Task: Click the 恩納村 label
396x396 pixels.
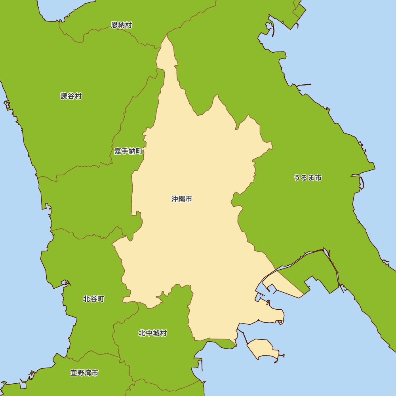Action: tap(121, 25)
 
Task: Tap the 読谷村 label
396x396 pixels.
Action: tap(71, 96)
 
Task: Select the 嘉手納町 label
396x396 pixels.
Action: tap(128, 151)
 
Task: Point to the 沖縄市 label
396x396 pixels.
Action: tap(182, 199)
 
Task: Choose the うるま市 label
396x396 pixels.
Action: tap(308, 177)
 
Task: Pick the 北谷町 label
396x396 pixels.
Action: tap(93, 299)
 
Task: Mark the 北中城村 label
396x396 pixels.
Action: tap(152, 333)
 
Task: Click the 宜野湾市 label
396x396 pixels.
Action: tap(84, 373)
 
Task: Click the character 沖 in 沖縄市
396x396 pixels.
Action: tap(175, 199)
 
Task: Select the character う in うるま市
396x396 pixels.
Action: tap(297, 177)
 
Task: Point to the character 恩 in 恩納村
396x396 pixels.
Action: tap(114, 25)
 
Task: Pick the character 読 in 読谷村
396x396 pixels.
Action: tap(64, 96)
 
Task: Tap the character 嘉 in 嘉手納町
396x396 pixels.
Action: tap(118, 151)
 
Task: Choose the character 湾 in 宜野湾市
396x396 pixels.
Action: tap(88, 373)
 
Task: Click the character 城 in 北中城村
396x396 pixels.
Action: tap(156, 333)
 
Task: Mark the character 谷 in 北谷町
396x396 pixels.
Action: tap(93, 299)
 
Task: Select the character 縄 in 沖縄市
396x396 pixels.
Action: tap(182, 199)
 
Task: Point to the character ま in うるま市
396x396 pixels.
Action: tap(311, 177)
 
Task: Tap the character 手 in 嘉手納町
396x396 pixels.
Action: tap(125, 151)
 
